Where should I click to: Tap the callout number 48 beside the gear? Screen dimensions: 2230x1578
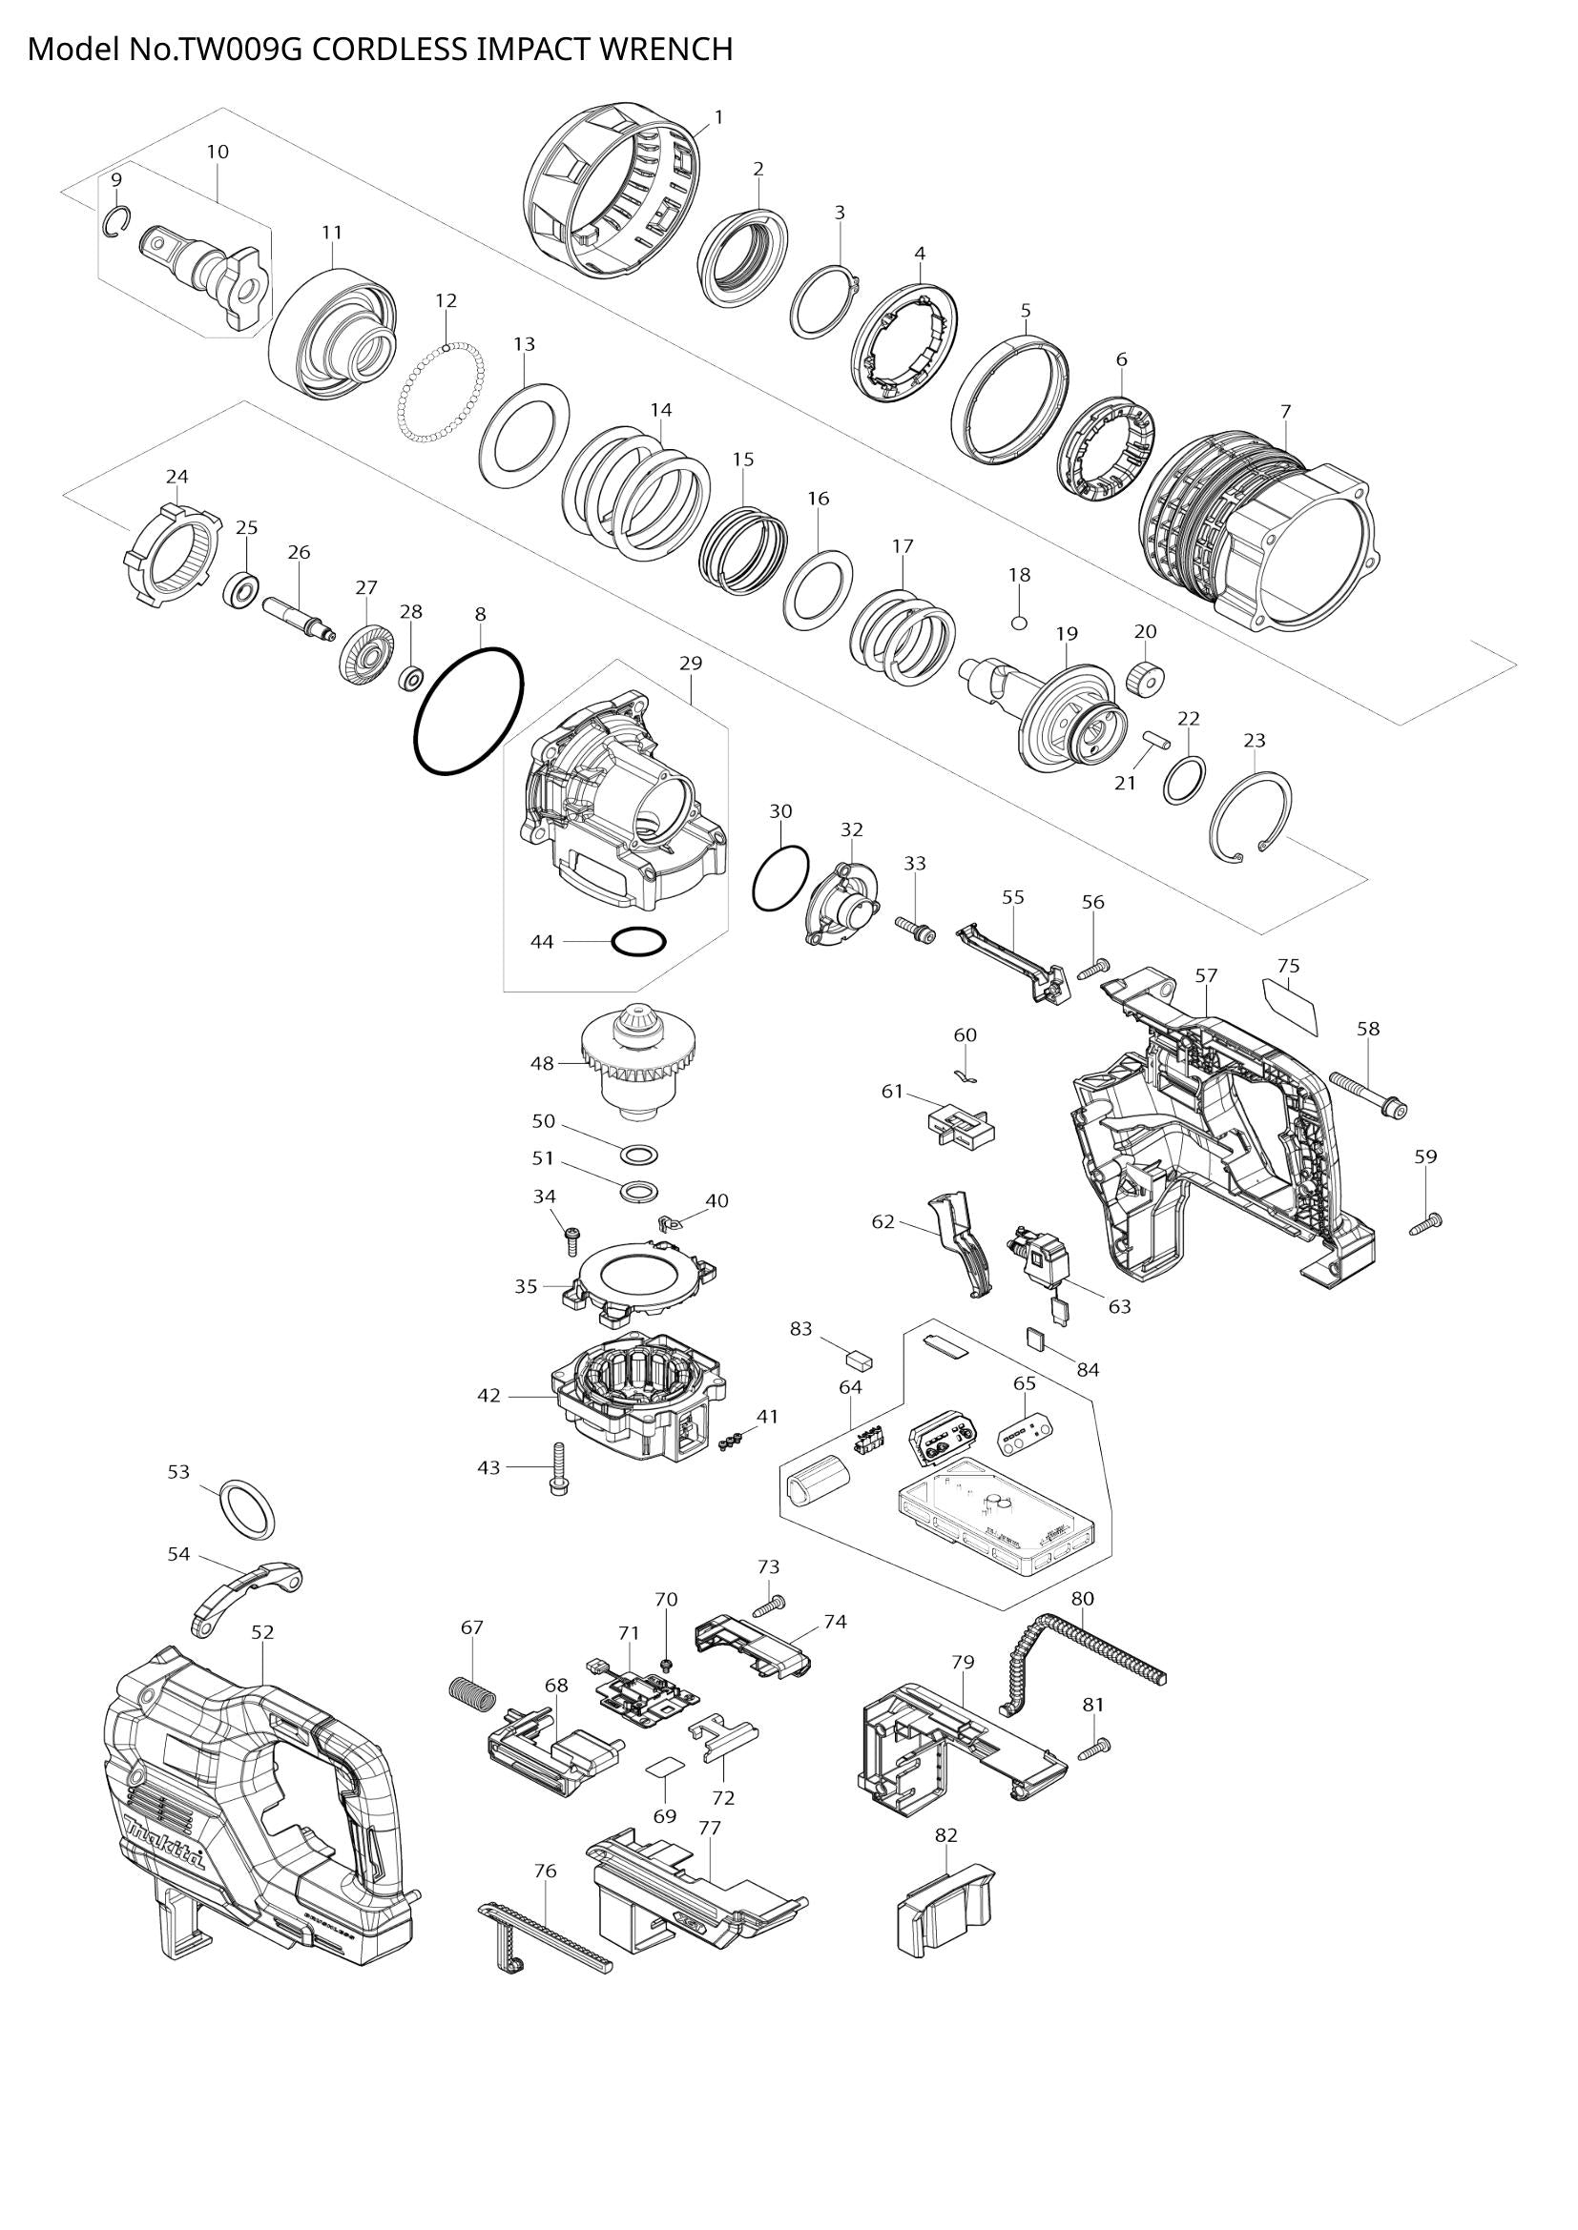(x=542, y=1064)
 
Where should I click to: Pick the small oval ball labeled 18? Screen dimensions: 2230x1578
(x=1018, y=622)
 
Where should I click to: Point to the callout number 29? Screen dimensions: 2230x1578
(x=690, y=664)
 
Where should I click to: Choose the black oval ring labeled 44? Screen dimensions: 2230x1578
(x=638, y=941)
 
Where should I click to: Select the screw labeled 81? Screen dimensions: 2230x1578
(x=1095, y=1773)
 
